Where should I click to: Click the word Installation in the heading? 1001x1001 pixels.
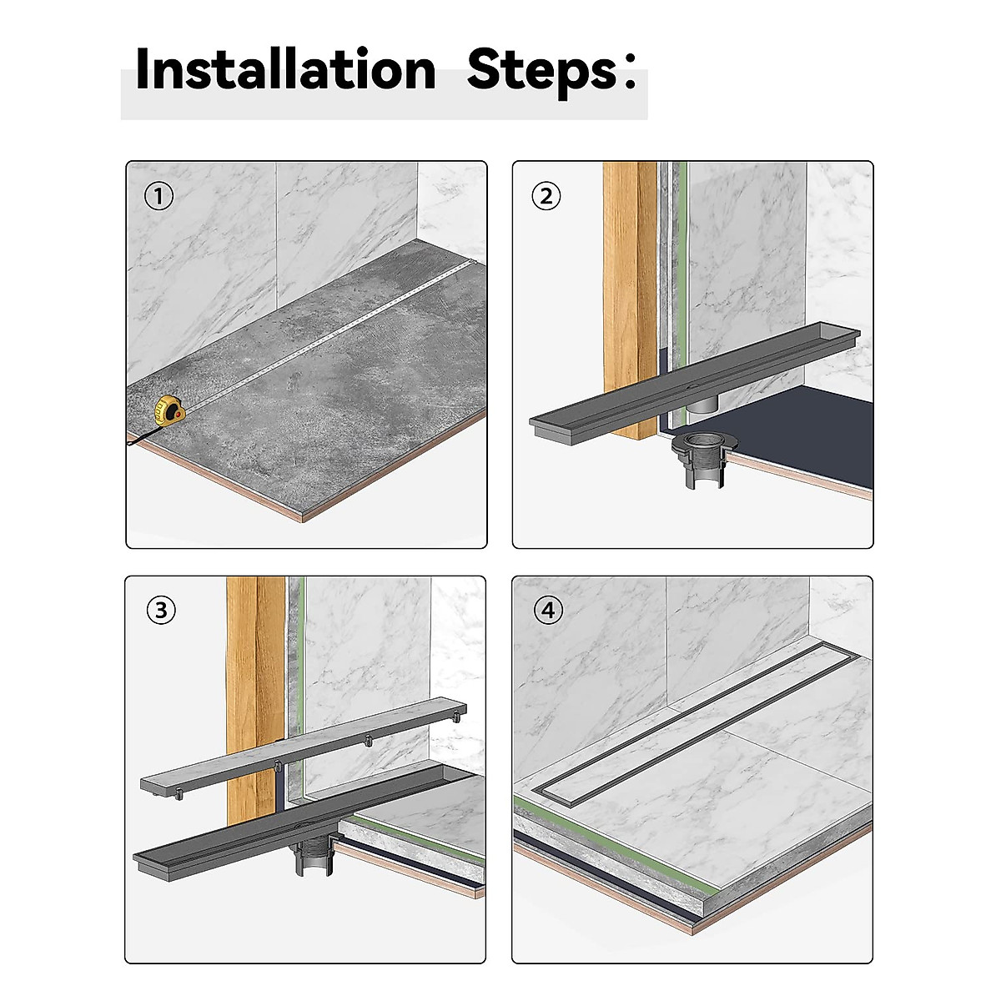pyautogui.click(x=285, y=69)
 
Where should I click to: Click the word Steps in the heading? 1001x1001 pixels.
pyautogui.click(x=541, y=72)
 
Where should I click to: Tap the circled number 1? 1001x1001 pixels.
pyautogui.click(x=158, y=196)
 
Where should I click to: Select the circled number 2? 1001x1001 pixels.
pyautogui.click(x=546, y=196)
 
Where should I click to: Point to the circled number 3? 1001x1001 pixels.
pyautogui.click(x=161, y=610)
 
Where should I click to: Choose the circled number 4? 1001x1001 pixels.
pyautogui.click(x=548, y=610)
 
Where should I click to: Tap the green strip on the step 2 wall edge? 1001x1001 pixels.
pyautogui.click(x=683, y=291)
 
